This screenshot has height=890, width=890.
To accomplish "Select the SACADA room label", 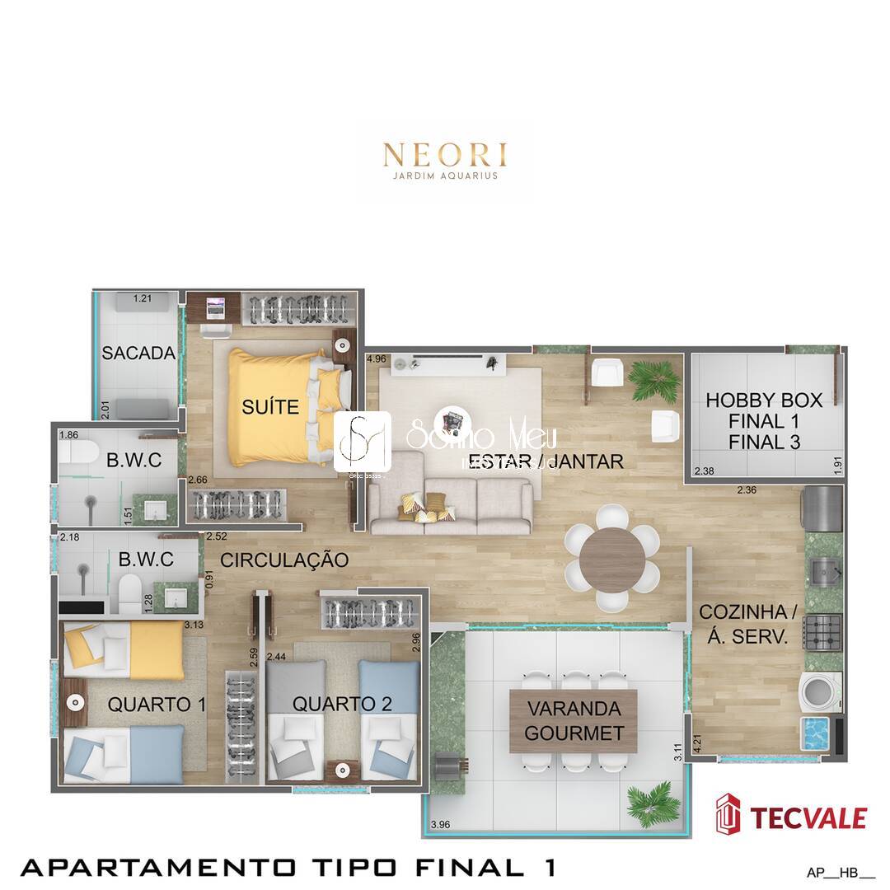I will (x=138, y=354).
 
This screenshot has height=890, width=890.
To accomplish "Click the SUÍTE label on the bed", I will (x=269, y=406).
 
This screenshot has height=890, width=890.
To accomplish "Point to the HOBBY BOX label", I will (x=764, y=421).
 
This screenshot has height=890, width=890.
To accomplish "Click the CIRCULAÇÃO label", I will (x=284, y=560).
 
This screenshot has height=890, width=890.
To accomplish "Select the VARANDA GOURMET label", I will (x=574, y=721).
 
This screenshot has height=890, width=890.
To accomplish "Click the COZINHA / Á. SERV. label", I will (x=748, y=624).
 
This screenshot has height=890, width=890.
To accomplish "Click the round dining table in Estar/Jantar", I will (x=612, y=560).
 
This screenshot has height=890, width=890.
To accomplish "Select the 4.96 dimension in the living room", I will (x=377, y=358).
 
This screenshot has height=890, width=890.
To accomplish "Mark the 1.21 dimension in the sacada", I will (x=143, y=298).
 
